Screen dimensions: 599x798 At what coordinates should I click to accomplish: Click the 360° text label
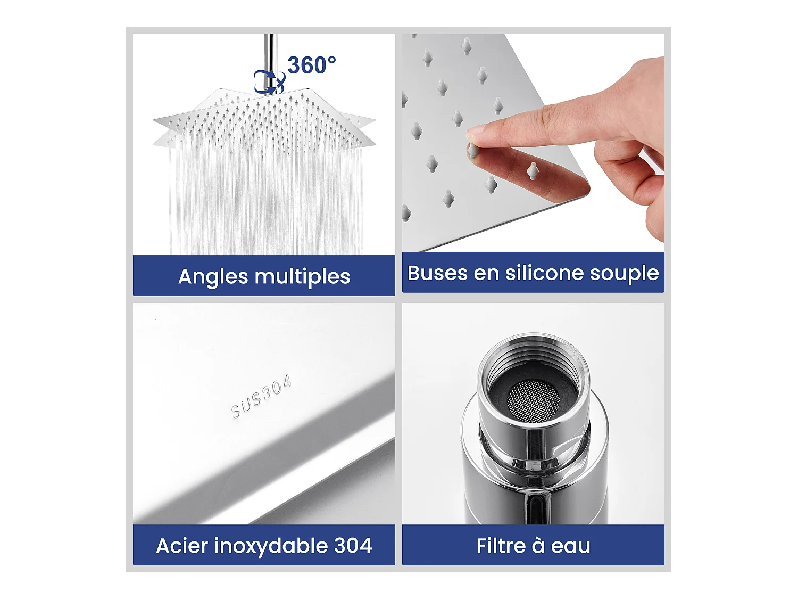point(311,65)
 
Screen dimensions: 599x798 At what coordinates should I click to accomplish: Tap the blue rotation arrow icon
point(269,82)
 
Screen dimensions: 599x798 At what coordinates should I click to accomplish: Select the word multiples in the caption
point(302,277)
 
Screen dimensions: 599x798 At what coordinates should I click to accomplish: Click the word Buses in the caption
point(437,273)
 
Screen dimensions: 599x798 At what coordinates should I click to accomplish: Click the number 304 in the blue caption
point(353,546)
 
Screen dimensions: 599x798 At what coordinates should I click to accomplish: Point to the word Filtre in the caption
point(501,546)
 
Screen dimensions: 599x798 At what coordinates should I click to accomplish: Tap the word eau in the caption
point(570,546)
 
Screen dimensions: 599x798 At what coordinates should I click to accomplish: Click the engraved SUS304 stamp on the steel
point(261,396)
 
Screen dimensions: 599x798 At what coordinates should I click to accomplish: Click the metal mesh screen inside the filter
point(533,399)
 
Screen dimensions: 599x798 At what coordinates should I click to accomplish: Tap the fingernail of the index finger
point(476,130)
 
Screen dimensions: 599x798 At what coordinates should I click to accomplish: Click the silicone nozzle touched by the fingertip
point(472,151)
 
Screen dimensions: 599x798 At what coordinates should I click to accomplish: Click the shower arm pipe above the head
point(270,53)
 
